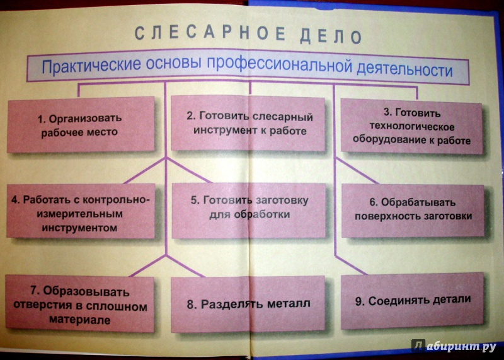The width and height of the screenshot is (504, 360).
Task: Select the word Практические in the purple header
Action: [91, 65]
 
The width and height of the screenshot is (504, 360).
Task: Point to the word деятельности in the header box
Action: [404, 69]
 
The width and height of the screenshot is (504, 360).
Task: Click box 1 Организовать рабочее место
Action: [81, 124]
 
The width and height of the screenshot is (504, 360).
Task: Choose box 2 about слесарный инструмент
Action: [248, 123]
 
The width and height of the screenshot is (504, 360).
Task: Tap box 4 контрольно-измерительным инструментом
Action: [81, 211]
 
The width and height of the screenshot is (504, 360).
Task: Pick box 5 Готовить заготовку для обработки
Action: [249, 211]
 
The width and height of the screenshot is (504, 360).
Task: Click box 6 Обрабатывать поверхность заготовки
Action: [413, 211]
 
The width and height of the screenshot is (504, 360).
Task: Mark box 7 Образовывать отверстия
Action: [80, 304]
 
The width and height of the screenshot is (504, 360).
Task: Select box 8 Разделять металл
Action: [248, 305]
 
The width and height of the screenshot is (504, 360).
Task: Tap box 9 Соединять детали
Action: [412, 301]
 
